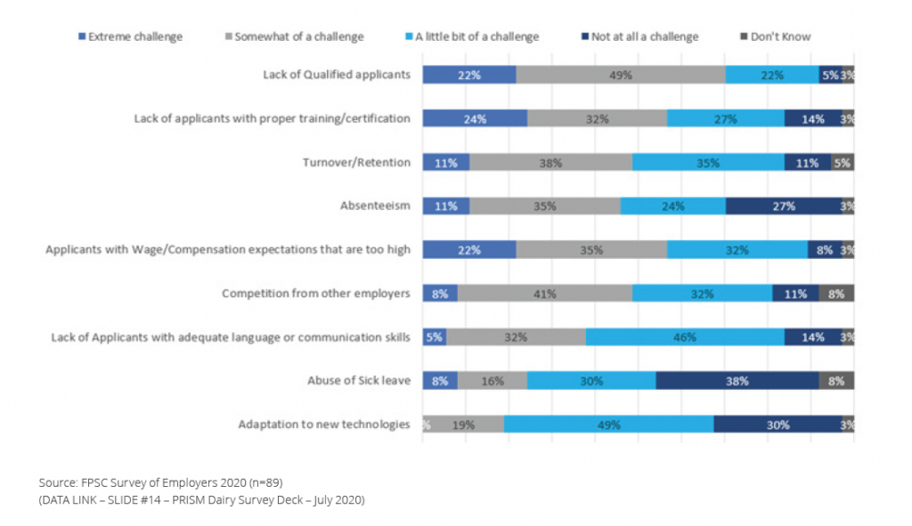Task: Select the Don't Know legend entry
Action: click(780, 36)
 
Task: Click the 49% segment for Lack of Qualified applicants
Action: click(621, 75)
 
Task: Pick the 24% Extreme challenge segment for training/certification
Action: click(475, 118)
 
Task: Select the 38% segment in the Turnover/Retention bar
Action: click(550, 162)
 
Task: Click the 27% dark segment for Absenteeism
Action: click(784, 206)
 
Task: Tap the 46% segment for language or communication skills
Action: click(685, 337)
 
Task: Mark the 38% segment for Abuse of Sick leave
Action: click(737, 381)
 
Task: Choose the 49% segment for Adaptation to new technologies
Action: click(608, 425)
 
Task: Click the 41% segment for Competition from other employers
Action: click(544, 293)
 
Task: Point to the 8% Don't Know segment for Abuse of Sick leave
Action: click(836, 381)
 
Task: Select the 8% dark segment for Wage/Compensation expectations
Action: click(824, 249)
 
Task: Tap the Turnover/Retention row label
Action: click(356, 162)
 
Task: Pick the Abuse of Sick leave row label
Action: click(358, 381)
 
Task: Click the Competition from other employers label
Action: click(316, 293)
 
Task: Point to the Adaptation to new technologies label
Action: click(324, 425)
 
